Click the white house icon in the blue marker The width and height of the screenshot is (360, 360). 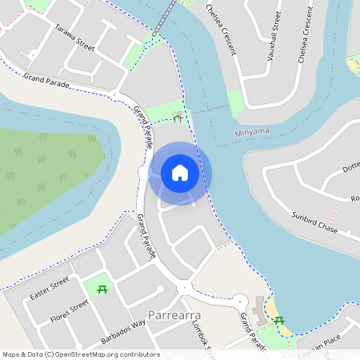click(x=180, y=172)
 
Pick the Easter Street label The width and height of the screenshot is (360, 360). click(x=50, y=290)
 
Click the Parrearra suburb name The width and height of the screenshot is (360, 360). click(x=175, y=315)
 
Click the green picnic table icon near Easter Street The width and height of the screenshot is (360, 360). click(x=102, y=289)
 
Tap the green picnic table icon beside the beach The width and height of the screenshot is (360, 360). click(x=279, y=321)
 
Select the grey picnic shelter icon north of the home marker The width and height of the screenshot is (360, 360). click(x=177, y=118)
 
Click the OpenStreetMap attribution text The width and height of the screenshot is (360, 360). click(x=81, y=354)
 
